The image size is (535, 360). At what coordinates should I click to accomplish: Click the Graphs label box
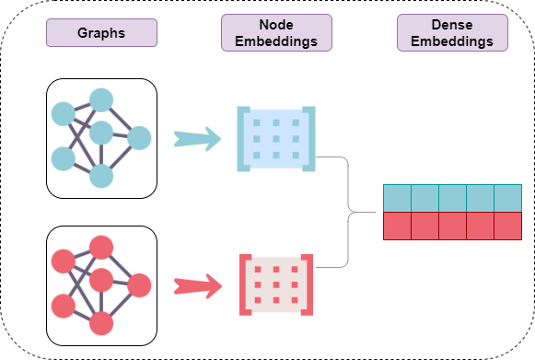(x=101, y=33)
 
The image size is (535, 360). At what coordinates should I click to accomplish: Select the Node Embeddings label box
(x=276, y=32)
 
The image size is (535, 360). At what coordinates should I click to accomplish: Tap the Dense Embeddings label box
(x=452, y=32)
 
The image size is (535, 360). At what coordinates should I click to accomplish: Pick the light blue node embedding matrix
(x=276, y=139)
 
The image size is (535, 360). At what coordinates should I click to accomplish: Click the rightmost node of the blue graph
(x=139, y=138)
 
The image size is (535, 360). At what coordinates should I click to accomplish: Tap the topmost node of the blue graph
(x=101, y=99)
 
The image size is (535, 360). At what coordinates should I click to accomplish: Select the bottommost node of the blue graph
(x=101, y=176)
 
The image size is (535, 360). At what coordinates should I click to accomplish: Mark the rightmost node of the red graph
(x=139, y=285)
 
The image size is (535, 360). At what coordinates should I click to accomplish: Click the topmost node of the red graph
(x=101, y=247)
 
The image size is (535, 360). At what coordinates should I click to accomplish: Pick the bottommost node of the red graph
(x=101, y=323)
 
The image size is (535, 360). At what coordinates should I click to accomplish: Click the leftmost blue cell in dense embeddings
(x=397, y=198)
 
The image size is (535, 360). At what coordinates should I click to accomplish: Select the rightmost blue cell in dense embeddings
(x=507, y=198)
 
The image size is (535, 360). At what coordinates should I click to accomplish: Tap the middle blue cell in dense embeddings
(x=452, y=198)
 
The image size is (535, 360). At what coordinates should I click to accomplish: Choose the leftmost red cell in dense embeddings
(x=397, y=226)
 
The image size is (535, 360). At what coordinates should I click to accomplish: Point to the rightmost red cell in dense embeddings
(x=507, y=226)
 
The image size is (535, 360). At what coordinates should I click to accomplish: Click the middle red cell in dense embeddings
(x=452, y=226)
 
